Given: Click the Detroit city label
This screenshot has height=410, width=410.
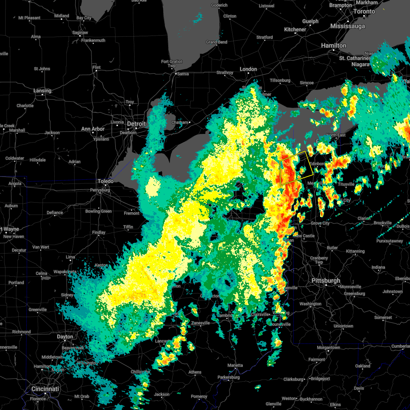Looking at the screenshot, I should point(136,124).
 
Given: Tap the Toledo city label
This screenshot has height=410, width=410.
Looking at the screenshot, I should point(106,181).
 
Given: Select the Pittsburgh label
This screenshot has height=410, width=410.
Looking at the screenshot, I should point(326,281).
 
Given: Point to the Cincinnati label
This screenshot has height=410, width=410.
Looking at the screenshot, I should point(45,389).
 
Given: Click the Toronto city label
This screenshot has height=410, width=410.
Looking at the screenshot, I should point(364,11).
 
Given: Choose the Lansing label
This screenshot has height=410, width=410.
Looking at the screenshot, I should point(42,91).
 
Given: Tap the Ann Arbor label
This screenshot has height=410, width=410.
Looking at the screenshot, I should point(93,129).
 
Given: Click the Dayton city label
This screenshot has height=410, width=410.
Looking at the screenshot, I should point(65,337).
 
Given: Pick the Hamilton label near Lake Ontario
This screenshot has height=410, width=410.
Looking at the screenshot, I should point(333,45).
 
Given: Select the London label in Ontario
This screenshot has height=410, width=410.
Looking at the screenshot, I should point(248,69).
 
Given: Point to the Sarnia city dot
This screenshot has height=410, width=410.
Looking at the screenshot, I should point(175,74).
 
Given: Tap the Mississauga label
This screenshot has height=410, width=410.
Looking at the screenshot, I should point(347,26).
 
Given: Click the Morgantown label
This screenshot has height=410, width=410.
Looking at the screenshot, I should point(328,347).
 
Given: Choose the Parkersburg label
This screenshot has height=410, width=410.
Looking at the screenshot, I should point(229,378).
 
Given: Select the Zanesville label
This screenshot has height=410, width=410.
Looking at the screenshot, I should point(201,323).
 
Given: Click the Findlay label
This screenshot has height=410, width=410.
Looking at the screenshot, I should point(98,232).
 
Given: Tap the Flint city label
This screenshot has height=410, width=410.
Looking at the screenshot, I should point(96,67).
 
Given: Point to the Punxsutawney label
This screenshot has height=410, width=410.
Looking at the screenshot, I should point(389,241).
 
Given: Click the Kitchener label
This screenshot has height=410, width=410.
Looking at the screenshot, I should point(295,29).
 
